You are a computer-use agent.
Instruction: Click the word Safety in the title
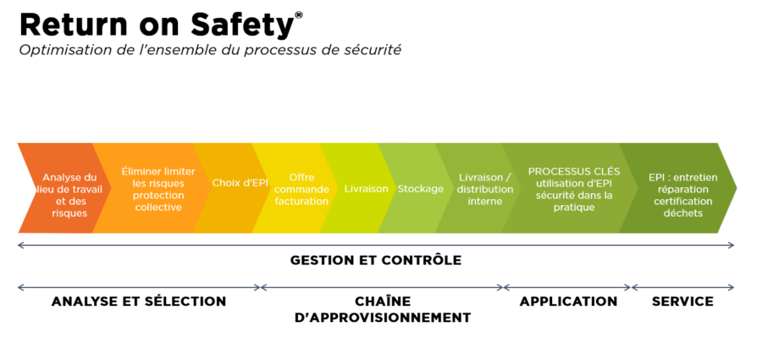click(x=242, y=25)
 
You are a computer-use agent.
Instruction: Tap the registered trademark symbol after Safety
click(x=298, y=14)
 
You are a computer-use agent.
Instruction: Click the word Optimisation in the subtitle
click(x=56, y=50)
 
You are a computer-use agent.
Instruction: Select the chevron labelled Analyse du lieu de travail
click(x=64, y=188)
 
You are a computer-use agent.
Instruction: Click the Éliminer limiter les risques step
click(x=152, y=188)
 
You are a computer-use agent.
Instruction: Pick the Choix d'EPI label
click(x=240, y=184)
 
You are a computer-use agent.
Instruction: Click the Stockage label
click(x=420, y=188)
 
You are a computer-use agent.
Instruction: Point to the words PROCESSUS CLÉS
click(x=574, y=172)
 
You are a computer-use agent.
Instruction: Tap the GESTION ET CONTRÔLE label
click(x=376, y=260)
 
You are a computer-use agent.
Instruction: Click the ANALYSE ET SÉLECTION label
click(x=139, y=302)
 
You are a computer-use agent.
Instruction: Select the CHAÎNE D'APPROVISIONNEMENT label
click(x=383, y=309)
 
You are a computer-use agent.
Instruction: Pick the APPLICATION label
click(x=568, y=302)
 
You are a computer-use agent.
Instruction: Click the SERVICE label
click(x=682, y=302)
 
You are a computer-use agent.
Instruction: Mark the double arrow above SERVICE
click(x=682, y=287)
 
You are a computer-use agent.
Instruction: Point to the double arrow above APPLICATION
click(x=567, y=287)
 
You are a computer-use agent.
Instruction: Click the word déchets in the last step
click(x=682, y=213)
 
